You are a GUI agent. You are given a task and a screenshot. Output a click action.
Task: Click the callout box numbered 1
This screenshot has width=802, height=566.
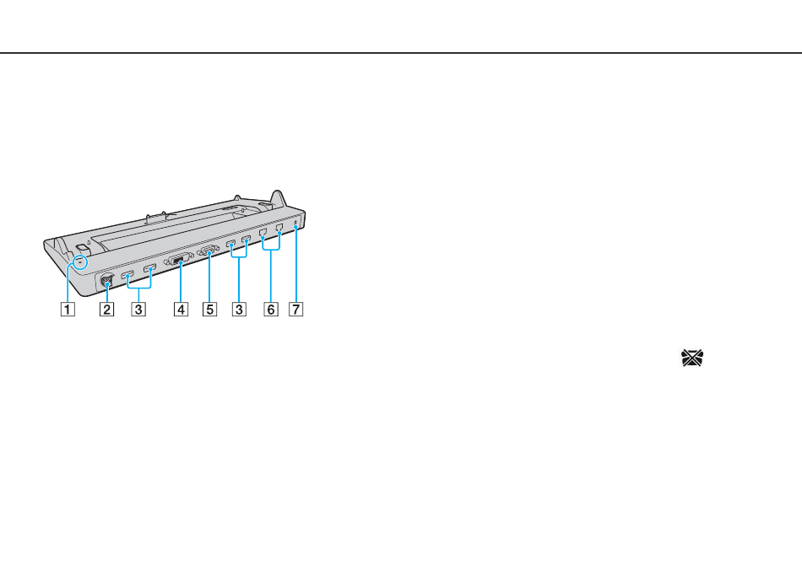pyautogui.click(x=68, y=309)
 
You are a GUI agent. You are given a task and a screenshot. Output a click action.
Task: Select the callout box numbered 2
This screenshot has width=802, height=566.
pyautogui.click(x=107, y=309)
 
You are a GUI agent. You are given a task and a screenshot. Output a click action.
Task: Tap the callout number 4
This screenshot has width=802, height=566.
pyautogui.click(x=181, y=309)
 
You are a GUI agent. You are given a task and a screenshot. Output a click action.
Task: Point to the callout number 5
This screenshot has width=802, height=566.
pyautogui.click(x=209, y=309)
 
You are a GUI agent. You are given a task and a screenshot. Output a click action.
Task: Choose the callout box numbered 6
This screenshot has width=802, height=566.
pyautogui.click(x=271, y=309)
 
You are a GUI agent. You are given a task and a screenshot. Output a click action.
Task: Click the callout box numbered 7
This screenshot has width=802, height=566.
pyautogui.click(x=295, y=309)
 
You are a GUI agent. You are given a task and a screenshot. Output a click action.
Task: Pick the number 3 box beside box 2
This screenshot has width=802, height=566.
pyautogui.click(x=138, y=309)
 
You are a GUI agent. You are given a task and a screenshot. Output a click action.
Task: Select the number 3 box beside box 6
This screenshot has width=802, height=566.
pyautogui.click(x=239, y=309)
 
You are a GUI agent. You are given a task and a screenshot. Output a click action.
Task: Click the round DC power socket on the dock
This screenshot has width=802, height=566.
pyautogui.click(x=106, y=281)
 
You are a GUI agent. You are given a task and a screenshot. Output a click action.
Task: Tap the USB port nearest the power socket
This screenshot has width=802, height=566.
pyautogui.click(x=127, y=276)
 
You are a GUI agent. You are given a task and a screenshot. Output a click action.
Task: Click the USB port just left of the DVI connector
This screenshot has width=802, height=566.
pyautogui.click(x=150, y=268)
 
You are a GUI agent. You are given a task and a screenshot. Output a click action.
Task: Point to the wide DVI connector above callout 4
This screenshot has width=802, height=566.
pyautogui.click(x=178, y=261)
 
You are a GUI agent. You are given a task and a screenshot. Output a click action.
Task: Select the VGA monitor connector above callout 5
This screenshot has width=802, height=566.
pyautogui.click(x=209, y=251)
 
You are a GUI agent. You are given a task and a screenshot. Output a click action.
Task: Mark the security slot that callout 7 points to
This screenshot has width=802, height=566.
pyautogui.click(x=296, y=223)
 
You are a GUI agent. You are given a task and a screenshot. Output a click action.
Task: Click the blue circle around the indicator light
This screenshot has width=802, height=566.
pyautogui.click(x=80, y=262)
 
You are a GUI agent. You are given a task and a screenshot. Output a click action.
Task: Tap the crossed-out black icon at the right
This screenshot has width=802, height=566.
pyautogui.click(x=692, y=358)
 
